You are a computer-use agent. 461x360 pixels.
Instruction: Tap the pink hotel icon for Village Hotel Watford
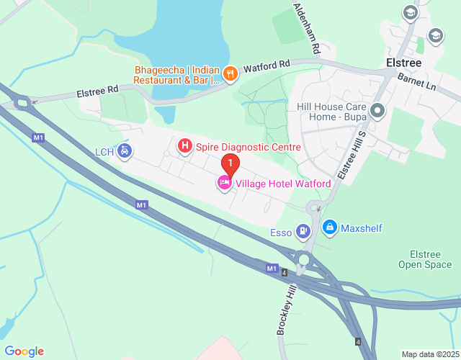click(x=224, y=184)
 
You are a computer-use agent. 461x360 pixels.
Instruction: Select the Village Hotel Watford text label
click(x=282, y=184)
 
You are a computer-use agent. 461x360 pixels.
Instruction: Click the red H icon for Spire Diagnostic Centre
click(x=185, y=147)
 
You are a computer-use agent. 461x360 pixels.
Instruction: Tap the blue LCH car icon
click(x=125, y=151)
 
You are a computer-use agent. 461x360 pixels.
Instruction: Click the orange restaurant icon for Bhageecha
click(x=230, y=73)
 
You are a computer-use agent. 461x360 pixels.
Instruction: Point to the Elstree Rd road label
click(x=97, y=92)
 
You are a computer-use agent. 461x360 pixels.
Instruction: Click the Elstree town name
click(x=404, y=63)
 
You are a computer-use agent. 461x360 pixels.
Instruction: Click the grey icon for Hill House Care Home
click(x=379, y=111)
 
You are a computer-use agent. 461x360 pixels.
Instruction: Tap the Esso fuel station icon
click(x=304, y=230)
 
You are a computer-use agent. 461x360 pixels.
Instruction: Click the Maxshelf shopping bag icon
click(x=330, y=228)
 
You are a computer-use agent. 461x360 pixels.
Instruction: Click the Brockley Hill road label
click(x=287, y=309)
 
